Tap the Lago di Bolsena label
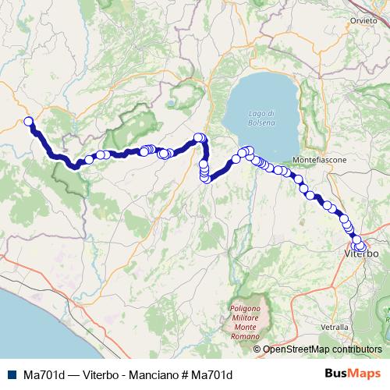pos(261,119)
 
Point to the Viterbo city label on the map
pos(361,254)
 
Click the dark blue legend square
pos(10,374)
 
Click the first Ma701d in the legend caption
pos(42,374)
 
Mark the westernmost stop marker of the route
pos(29,121)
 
